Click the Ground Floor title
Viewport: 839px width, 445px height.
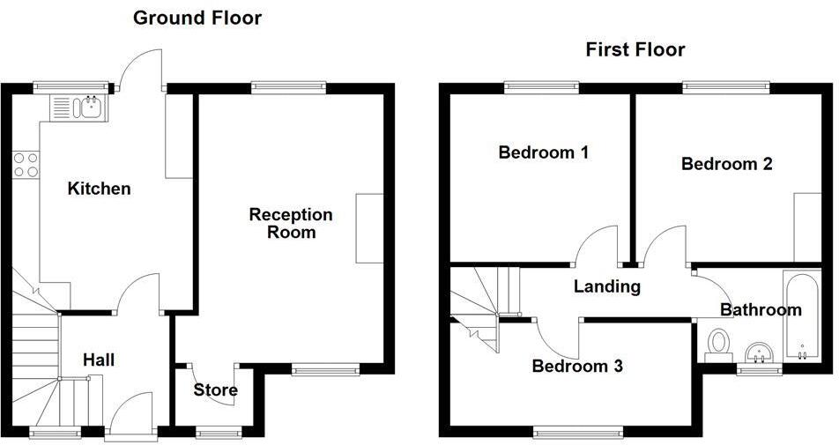coord(197,18)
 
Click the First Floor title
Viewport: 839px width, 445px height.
coord(635,49)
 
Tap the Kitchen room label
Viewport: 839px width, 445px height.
coord(100,188)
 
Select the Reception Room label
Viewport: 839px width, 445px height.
coord(291,223)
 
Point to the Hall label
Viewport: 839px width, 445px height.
coord(99,360)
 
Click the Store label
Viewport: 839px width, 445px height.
coord(215,389)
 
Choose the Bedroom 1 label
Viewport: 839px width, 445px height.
coord(543,152)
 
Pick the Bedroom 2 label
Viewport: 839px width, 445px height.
coord(726,164)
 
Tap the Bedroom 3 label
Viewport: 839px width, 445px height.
coord(577,366)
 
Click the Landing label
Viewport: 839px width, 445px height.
coord(606,286)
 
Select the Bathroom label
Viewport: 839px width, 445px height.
coord(760,309)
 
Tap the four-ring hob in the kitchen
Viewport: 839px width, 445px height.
coord(26,165)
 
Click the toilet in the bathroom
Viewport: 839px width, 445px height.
coord(720,344)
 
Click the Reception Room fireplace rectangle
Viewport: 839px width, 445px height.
coord(369,227)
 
